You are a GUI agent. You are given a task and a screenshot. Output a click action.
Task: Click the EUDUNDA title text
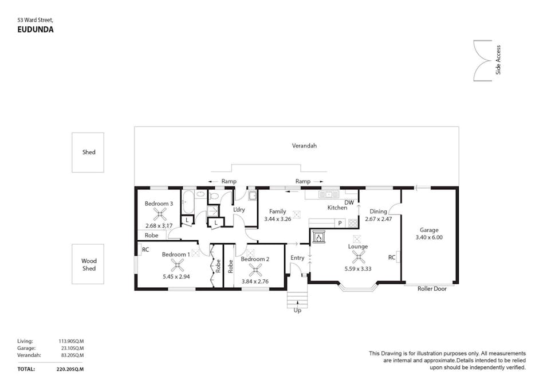[36, 30]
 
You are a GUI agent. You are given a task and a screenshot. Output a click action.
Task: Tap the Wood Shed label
[88, 264]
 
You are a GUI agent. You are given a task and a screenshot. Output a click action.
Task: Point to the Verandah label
[304, 146]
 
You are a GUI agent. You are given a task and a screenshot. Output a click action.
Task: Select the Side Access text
[498, 60]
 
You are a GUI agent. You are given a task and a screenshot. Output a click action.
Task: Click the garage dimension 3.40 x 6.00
[429, 237]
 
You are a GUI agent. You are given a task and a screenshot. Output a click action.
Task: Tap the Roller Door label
[432, 289]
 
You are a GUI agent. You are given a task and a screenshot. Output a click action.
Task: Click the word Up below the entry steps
[297, 310]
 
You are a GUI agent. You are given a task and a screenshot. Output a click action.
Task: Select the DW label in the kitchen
[349, 202]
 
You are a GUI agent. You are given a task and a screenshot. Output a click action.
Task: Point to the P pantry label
[339, 223]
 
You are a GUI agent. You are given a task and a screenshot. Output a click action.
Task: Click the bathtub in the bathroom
[188, 201]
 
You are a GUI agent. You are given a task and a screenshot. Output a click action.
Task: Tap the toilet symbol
[214, 196]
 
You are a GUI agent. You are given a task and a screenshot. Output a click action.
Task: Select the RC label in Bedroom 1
[145, 249]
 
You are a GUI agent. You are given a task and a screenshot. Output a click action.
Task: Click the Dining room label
[378, 212]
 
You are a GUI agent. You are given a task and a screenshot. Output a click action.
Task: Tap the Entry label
[297, 258]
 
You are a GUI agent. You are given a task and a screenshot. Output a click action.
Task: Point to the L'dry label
[239, 210]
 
